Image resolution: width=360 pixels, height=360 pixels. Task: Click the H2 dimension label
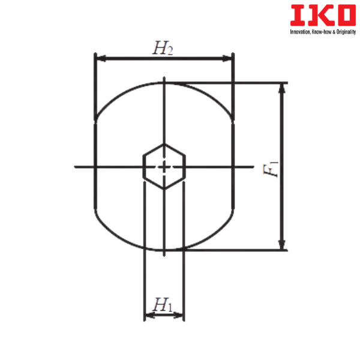pyautogui.click(x=163, y=48)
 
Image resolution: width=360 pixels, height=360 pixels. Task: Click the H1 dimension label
pyautogui.click(x=163, y=305)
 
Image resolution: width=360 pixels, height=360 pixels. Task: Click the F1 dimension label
pyautogui.click(x=271, y=169)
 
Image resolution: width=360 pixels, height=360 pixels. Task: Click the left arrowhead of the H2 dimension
pyautogui.click(x=101, y=58)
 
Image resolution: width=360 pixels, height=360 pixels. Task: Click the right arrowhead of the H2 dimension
pyautogui.click(x=227, y=58)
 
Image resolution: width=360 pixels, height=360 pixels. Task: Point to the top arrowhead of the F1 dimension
pyautogui.click(x=282, y=88)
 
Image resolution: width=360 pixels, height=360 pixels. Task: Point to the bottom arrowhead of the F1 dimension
pyautogui.click(x=282, y=245)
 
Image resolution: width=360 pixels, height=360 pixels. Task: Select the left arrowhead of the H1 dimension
pyautogui.click(x=150, y=315)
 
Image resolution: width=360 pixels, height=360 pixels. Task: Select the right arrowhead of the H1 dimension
pyautogui.click(x=178, y=315)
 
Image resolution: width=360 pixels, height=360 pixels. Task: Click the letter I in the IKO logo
pyautogui.click(x=298, y=15)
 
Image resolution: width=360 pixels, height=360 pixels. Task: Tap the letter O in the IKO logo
pyautogui.click(x=346, y=15)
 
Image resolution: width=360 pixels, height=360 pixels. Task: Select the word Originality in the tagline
pyautogui.click(x=346, y=32)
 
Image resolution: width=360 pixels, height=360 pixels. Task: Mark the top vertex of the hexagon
pyautogui.click(x=164, y=144)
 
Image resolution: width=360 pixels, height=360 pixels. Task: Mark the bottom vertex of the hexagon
pyautogui.click(x=164, y=189)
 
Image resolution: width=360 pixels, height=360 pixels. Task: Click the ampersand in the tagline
pyautogui.click(x=334, y=32)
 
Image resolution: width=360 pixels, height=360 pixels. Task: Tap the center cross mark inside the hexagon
pyautogui.click(x=164, y=167)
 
